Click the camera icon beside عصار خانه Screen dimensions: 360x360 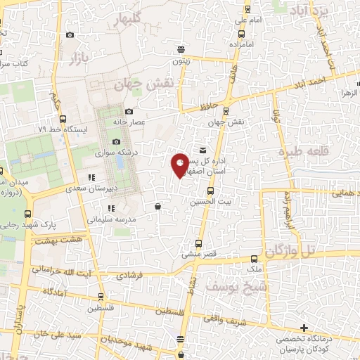(129, 111)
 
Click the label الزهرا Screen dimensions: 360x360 (349, 93)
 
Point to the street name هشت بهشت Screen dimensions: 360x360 (53, 241)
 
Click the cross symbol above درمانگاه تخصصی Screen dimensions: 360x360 (304, 328)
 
